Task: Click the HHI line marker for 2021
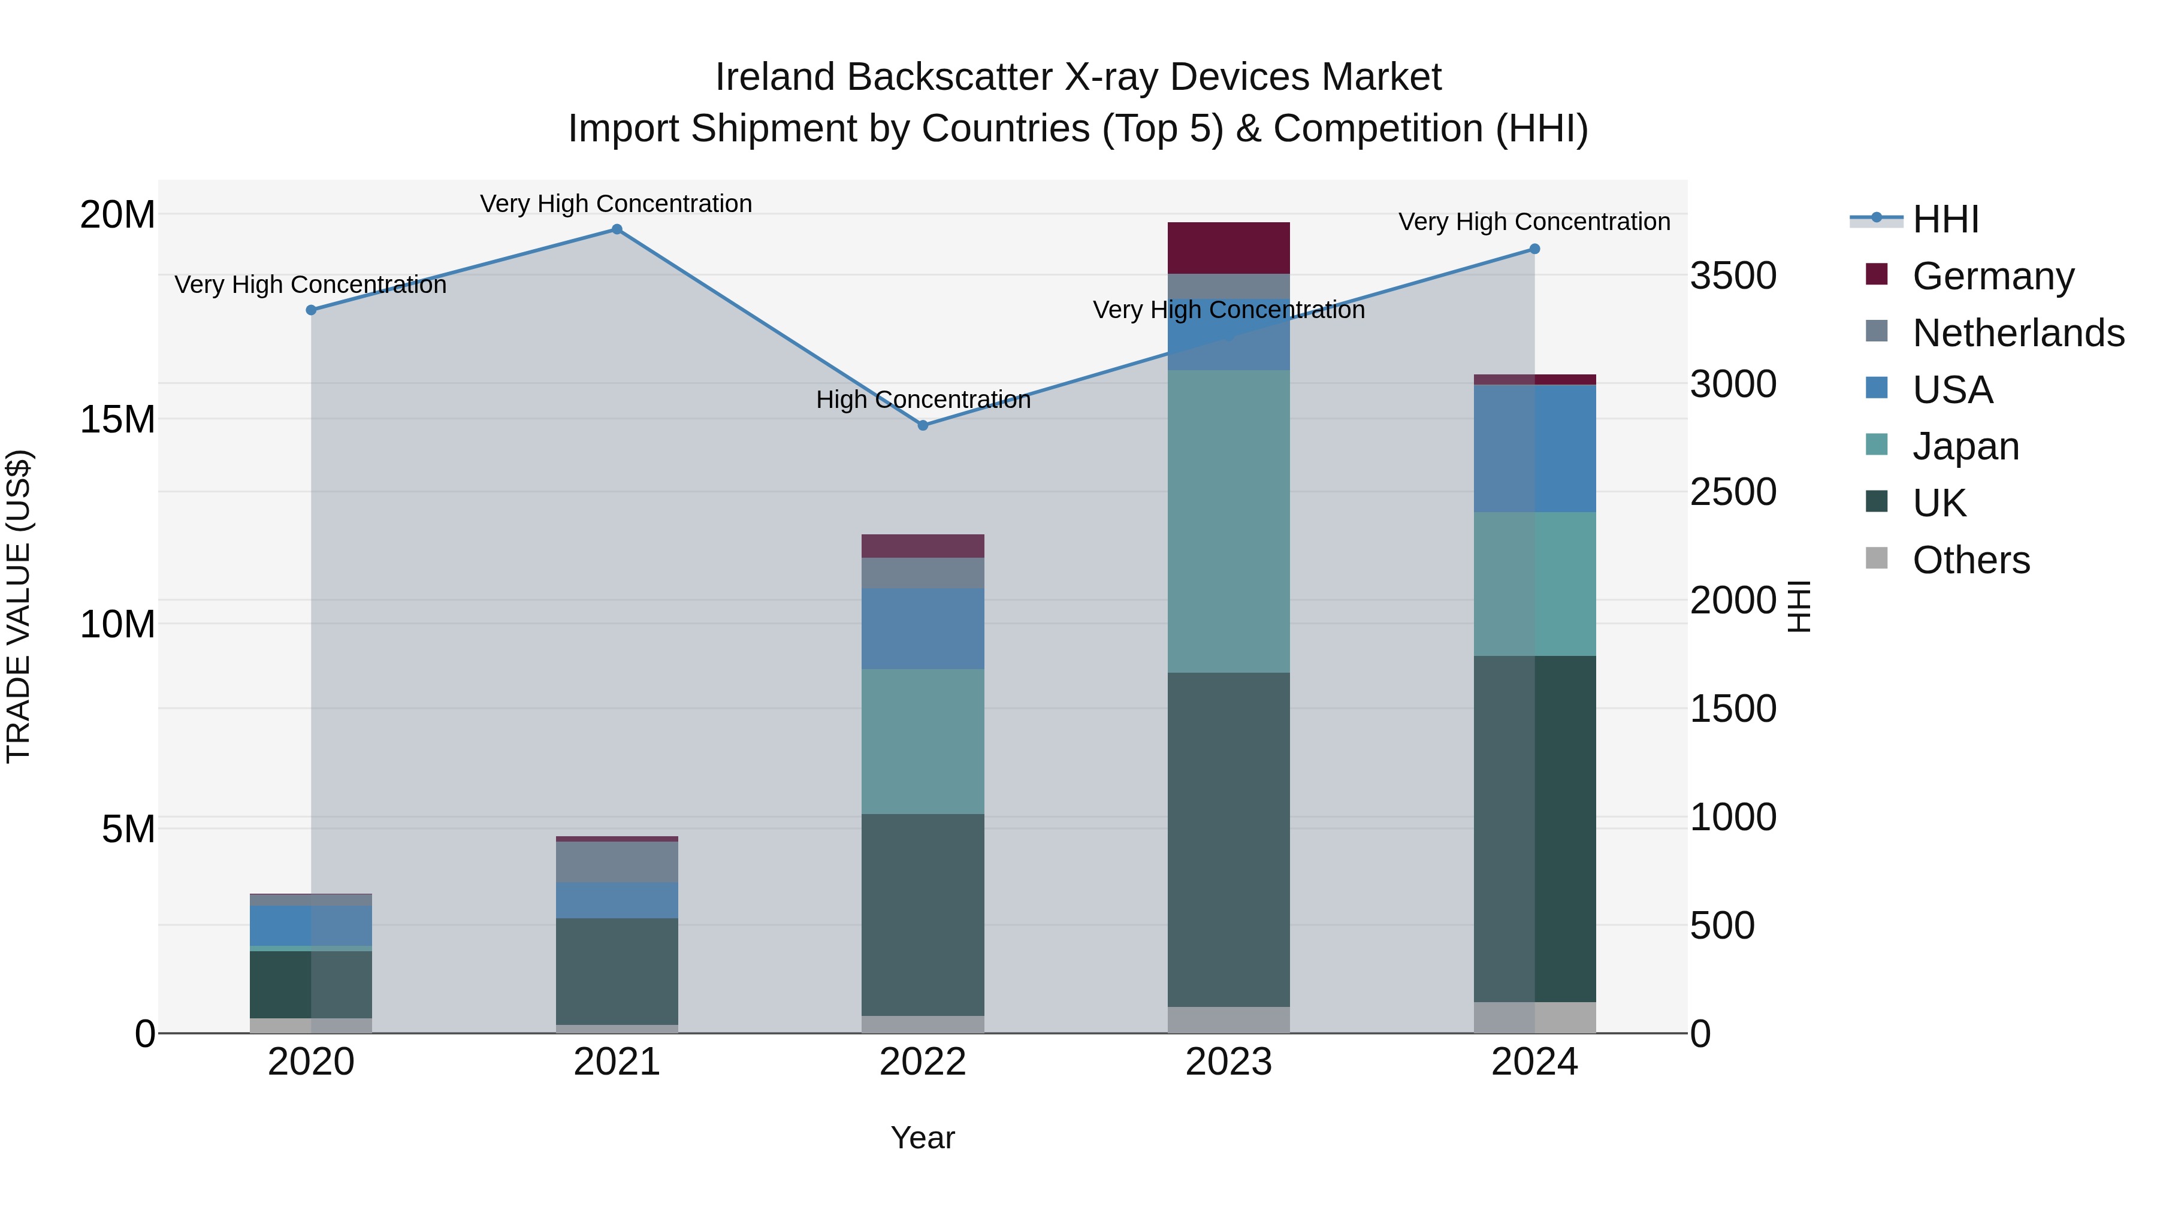point(617,229)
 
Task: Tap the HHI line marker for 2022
point(923,425)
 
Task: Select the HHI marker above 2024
point(1534,249)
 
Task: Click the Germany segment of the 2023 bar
point(1228,248)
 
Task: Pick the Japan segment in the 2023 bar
point(1228,521)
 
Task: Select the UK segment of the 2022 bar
point(923,914)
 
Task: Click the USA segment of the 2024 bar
point(1534,449)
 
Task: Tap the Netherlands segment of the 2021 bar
point(617,861)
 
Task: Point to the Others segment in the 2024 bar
point(1534,1017)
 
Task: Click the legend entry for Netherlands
point(2018,333)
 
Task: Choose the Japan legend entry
point(1965,446)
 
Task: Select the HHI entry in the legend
point(1945,219)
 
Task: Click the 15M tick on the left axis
point(117,419)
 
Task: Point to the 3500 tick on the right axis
point(1732,276)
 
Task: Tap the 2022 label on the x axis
point(923,1062)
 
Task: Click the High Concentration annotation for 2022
point(923,400)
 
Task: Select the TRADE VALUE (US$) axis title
point(19,606)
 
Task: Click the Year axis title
point(923,1138)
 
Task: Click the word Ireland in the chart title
point(775,77)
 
